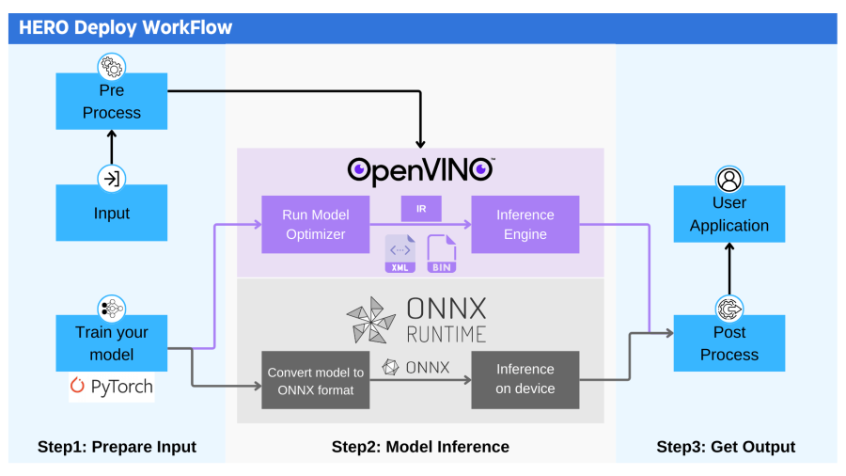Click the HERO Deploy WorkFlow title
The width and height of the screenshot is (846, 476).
(126, 27)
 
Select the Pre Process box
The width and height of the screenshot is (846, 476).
(111, 102)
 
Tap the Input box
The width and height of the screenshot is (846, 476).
(111, 214)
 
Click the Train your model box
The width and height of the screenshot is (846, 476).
(111, 343)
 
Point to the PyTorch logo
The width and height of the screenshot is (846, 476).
(111, 387)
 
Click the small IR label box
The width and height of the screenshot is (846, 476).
(421, 207)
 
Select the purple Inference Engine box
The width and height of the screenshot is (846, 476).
(525, 225)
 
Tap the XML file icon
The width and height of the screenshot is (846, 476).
(400, 254)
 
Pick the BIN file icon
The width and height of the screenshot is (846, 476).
(441, 254)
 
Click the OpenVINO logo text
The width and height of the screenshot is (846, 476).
(420, 169)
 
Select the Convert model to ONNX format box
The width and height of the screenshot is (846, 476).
(315, 380)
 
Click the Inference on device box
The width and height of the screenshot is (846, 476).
(525, 379)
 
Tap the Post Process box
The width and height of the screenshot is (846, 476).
(728, 343)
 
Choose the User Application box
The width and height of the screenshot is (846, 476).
(728, 214)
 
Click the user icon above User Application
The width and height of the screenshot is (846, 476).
(728, 180)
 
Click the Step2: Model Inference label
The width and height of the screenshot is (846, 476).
(420, 447)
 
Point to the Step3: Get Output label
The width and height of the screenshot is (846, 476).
(726, 447)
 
